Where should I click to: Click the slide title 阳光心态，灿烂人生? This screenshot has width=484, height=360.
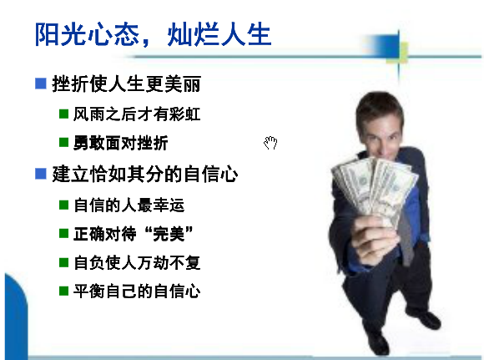coord(153,34)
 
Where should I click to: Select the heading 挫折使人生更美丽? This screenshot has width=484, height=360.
coord(127,84)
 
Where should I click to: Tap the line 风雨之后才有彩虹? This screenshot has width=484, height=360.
coord(137,114)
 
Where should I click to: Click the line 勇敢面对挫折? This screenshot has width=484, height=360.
coord(121,143)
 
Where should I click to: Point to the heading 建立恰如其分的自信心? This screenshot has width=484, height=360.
coord(145,174)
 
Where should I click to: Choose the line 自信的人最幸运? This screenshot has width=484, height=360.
coord(129,205)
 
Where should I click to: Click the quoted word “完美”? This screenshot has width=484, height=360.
coord(169,234)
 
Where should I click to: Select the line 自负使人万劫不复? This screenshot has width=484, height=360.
coord(137,262)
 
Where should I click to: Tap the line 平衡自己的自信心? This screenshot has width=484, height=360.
coord(137,291)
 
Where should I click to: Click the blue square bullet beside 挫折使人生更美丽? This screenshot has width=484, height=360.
coord(41,84)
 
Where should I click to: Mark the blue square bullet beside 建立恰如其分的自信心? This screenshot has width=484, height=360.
coord(41,174)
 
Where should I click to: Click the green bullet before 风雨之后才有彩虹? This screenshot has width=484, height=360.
coord(63,114)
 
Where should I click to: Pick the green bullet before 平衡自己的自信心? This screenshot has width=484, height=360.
coord(63,291)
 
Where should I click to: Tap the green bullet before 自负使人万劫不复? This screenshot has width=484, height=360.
coord(63,262)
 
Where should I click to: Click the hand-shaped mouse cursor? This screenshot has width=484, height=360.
coord(270,143)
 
